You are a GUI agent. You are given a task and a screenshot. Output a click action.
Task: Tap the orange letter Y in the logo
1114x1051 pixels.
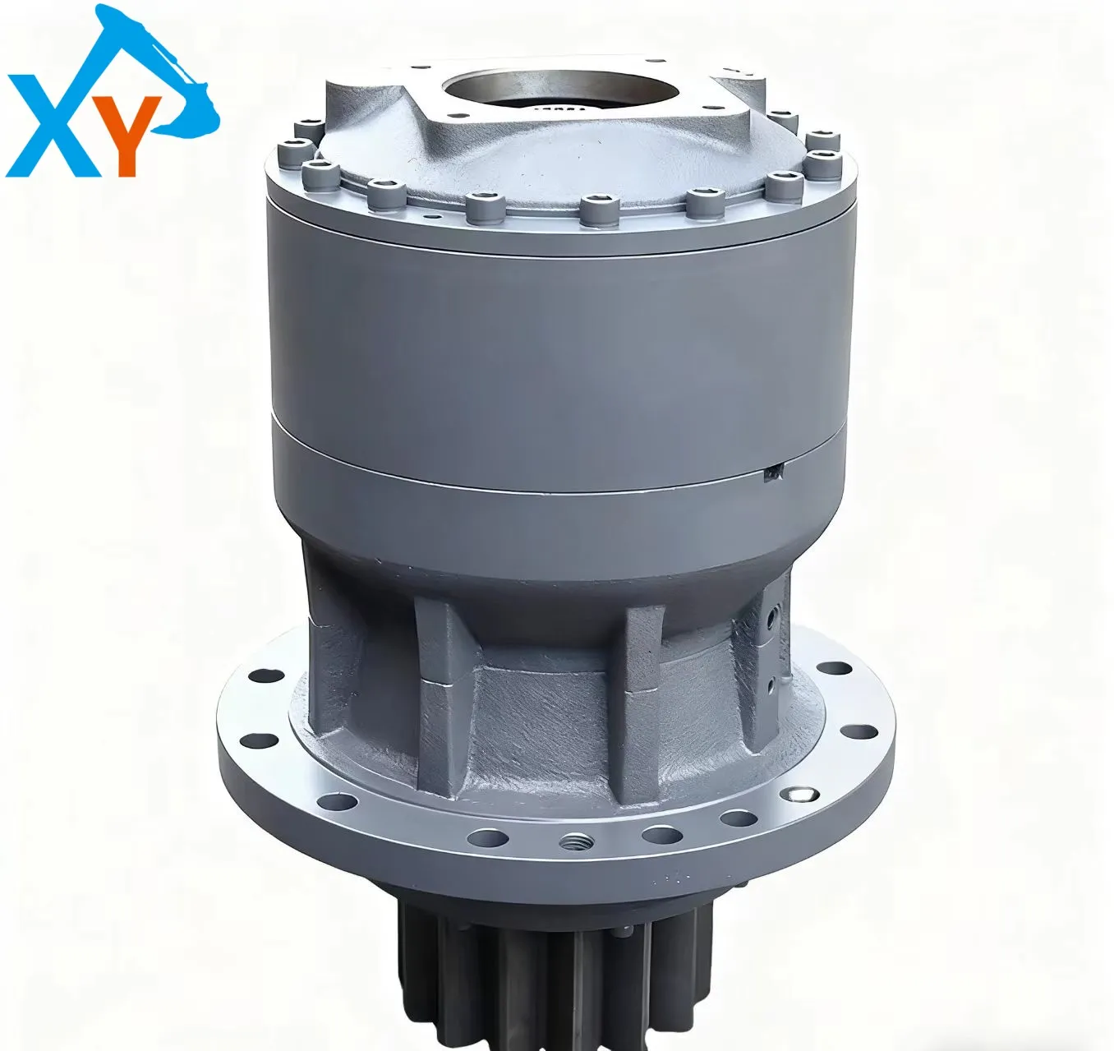(129, 135)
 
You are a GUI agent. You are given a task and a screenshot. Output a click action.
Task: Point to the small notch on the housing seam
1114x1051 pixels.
(774, 475)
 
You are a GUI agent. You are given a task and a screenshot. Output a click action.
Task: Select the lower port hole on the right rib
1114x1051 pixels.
(771, 682)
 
